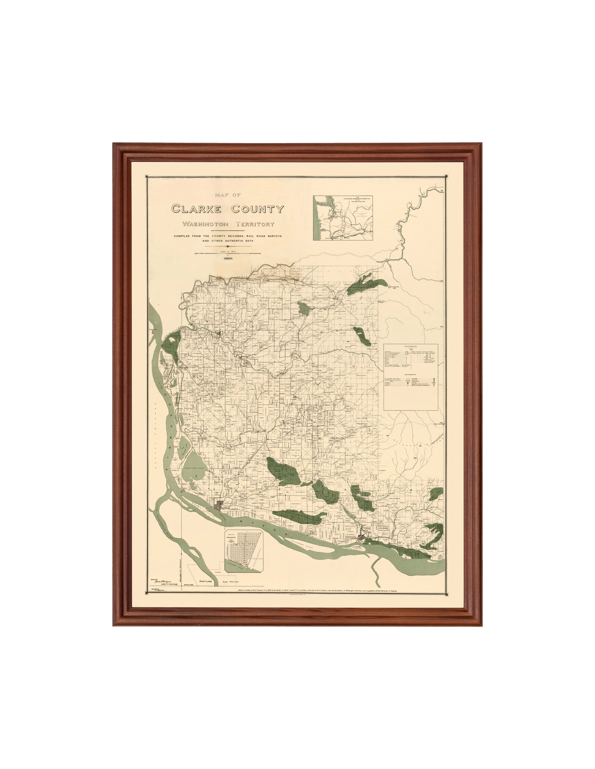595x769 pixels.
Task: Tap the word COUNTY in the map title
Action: tap(257, 209)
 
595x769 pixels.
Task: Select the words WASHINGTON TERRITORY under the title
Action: tap(228, 224)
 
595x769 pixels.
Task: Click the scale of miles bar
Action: tap(228, 254)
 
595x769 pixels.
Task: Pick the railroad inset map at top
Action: tap(343, 218)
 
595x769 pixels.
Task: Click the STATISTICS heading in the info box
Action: tap(410, 347)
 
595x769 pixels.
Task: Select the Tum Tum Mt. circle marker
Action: tap(390, 287)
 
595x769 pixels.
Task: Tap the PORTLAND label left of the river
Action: tap(205, 582)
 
